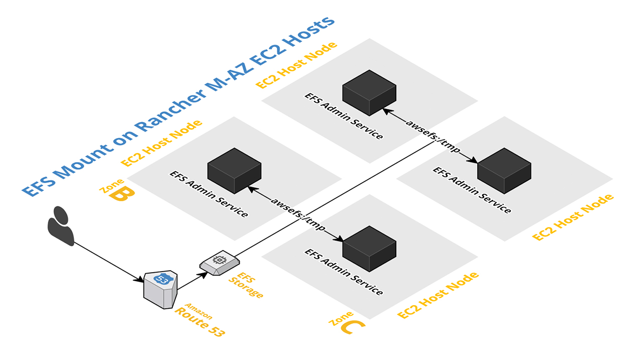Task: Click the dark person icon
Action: click(x=61, y=225)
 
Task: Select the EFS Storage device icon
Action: click(x=220, y=264)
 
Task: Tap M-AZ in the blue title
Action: click(x=227, y=77)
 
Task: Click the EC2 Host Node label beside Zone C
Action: click(x=438, y=296)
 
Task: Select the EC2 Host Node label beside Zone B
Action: click(x=162, y=143)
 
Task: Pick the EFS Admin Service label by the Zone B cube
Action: click(x=208, y=194)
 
